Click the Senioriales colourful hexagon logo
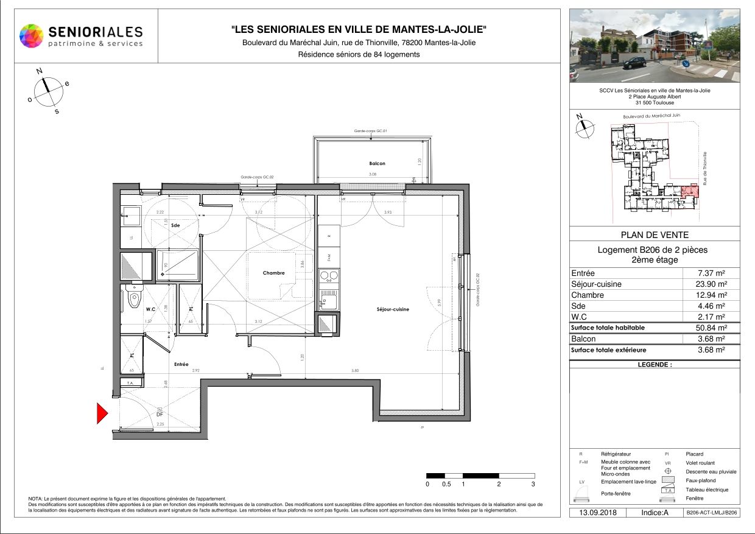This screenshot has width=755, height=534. pos(32,35)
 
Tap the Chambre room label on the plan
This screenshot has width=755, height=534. pos(273,273)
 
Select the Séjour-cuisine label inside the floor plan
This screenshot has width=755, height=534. pos(393,309)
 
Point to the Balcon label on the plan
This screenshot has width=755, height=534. pos(377,163)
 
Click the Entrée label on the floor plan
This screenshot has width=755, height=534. pos(181,364)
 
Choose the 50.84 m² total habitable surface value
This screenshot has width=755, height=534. pos(711,328)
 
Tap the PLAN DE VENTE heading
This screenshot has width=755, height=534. pos(655,235)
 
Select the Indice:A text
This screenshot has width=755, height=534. pos(655,513)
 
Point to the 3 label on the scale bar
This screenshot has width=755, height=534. pos(533,484)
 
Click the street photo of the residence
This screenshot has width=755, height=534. pos(655,46)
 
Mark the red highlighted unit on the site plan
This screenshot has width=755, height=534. pos(689,192)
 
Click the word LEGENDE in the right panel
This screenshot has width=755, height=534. pos(655,365)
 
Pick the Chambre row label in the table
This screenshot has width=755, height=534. pos(588,295)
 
